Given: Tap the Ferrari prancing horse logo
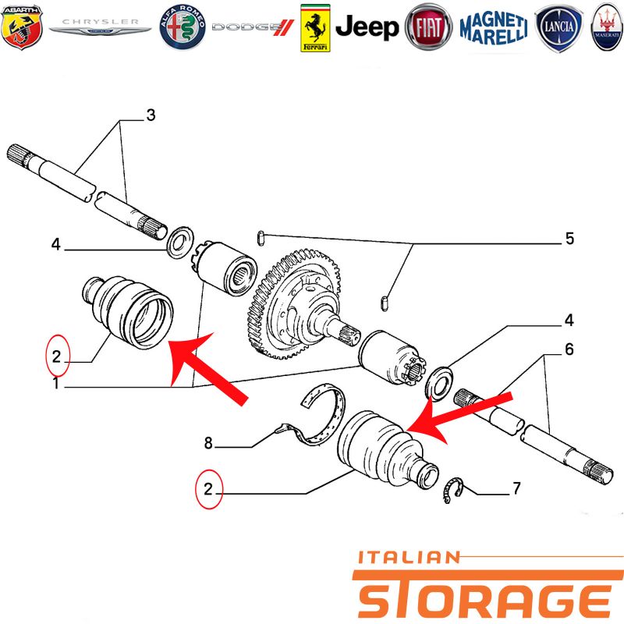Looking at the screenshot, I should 314,28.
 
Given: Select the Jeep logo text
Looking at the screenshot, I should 367,28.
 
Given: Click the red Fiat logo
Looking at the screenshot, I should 429,28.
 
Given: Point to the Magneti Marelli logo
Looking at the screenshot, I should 493,28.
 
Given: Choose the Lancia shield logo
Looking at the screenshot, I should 558,28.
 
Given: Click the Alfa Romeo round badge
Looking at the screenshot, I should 183,28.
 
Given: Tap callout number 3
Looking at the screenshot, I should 151,115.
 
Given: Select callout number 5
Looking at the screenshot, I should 569,239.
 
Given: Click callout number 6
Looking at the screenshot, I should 569,349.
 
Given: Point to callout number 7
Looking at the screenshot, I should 516,490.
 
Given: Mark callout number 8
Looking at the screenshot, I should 208,444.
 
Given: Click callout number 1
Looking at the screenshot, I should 55,384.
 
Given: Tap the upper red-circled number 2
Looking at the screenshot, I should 56,356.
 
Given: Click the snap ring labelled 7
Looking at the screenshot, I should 452,490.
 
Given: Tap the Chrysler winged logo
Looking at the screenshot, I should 100,28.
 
